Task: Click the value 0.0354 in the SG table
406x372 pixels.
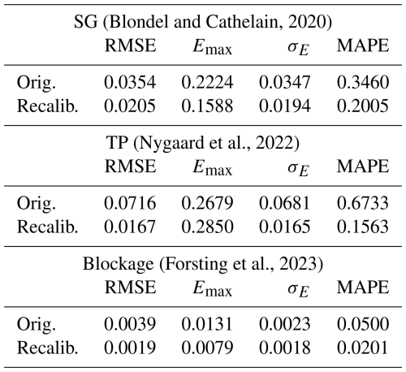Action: tap(130, 82)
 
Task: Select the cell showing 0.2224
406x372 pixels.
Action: tap(207, 82)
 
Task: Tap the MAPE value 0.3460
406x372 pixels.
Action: tap(363, 82)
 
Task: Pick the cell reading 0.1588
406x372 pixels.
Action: tap(207, 106)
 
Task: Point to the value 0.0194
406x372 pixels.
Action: tap(285, 106)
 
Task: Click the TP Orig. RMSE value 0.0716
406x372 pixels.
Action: tap(130, 203)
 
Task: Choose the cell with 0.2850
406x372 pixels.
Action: tap(207, 227)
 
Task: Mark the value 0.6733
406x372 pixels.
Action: tap(363, 203)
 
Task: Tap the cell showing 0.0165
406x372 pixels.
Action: tap(285, 227)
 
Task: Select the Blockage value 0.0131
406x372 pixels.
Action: tap(207, 324)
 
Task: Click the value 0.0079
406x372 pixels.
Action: tap(207, 348)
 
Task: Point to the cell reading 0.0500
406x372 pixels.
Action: tap(363, 324)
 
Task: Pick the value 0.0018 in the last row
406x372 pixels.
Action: tap(285, 348)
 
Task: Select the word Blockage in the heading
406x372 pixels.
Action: tap(118, 264)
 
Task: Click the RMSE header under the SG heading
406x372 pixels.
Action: tap(131, 45)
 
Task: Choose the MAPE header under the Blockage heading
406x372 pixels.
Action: tap(363, 288)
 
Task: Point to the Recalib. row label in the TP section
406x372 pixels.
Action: tap(48, 227)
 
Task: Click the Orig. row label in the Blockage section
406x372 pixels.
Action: tap(37, 325)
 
